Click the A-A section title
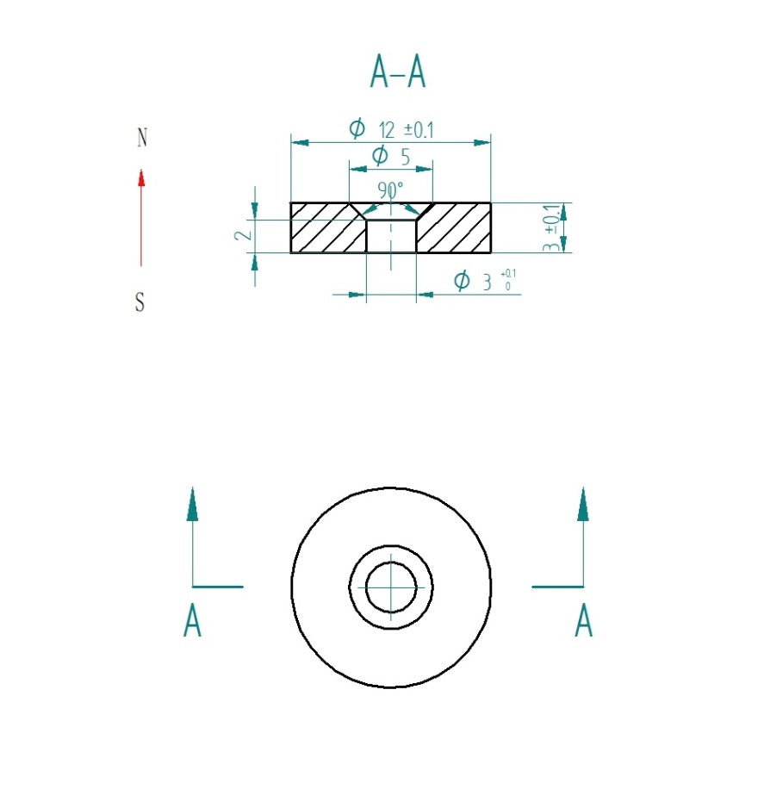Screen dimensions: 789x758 click(398, 72)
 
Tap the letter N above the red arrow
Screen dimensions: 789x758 click(142, 138)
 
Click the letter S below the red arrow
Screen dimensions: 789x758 click(140, 303)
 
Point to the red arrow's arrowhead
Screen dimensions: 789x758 click(141, 177)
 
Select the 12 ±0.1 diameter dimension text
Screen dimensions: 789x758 click(405, 130)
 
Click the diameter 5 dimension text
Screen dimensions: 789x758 click(390, 156)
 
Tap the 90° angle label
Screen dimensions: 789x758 click(390, 189)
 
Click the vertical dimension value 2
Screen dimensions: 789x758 click(245, 233)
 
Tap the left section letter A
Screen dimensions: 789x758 click(192, 621)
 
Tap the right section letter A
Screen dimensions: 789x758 click(583, 621)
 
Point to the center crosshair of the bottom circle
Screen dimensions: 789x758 click(390, 587)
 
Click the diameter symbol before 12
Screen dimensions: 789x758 click(357, 129)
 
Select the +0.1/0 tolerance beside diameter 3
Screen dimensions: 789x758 click(507, 280)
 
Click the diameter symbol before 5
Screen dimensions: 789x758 click(379, 156)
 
